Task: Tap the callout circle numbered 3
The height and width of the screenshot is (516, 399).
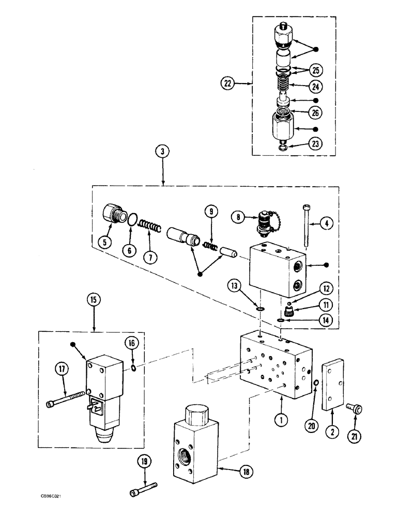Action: [x=163, y=152]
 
